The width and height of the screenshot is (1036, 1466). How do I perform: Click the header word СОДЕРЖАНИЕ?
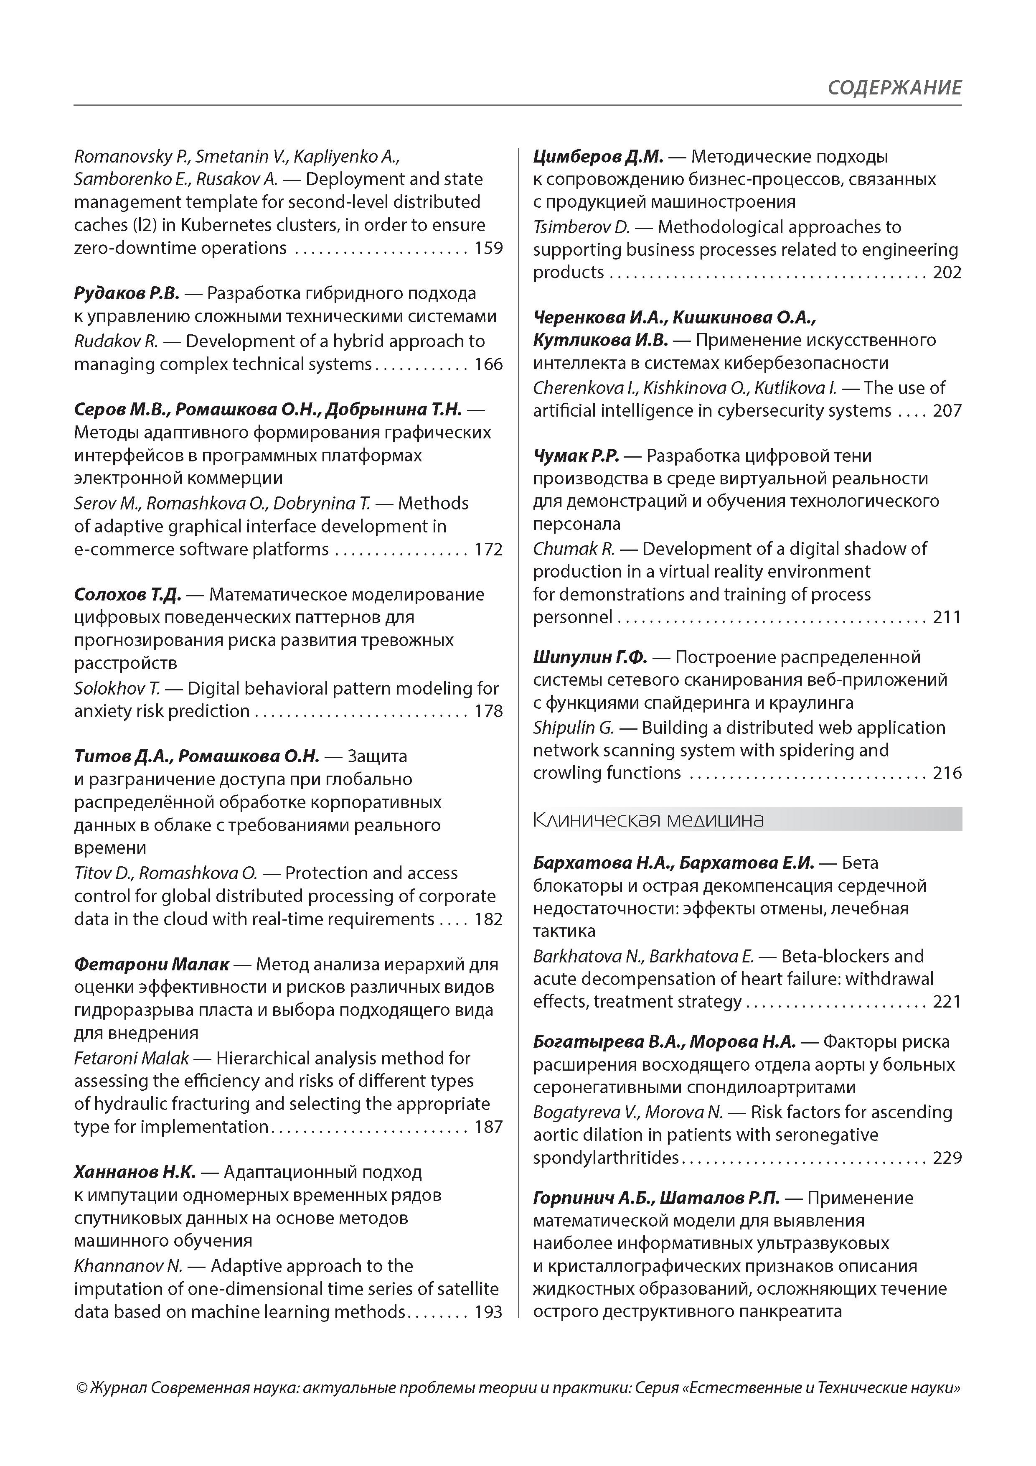894,87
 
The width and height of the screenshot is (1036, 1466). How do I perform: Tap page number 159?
488,248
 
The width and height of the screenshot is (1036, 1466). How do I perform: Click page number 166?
488,364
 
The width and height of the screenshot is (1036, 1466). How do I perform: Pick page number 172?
488,549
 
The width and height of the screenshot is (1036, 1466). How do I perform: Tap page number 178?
488,711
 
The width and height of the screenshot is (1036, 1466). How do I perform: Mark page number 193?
488,1311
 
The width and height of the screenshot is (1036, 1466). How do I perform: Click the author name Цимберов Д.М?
598,156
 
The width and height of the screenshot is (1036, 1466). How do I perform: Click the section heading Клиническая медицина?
648,819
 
